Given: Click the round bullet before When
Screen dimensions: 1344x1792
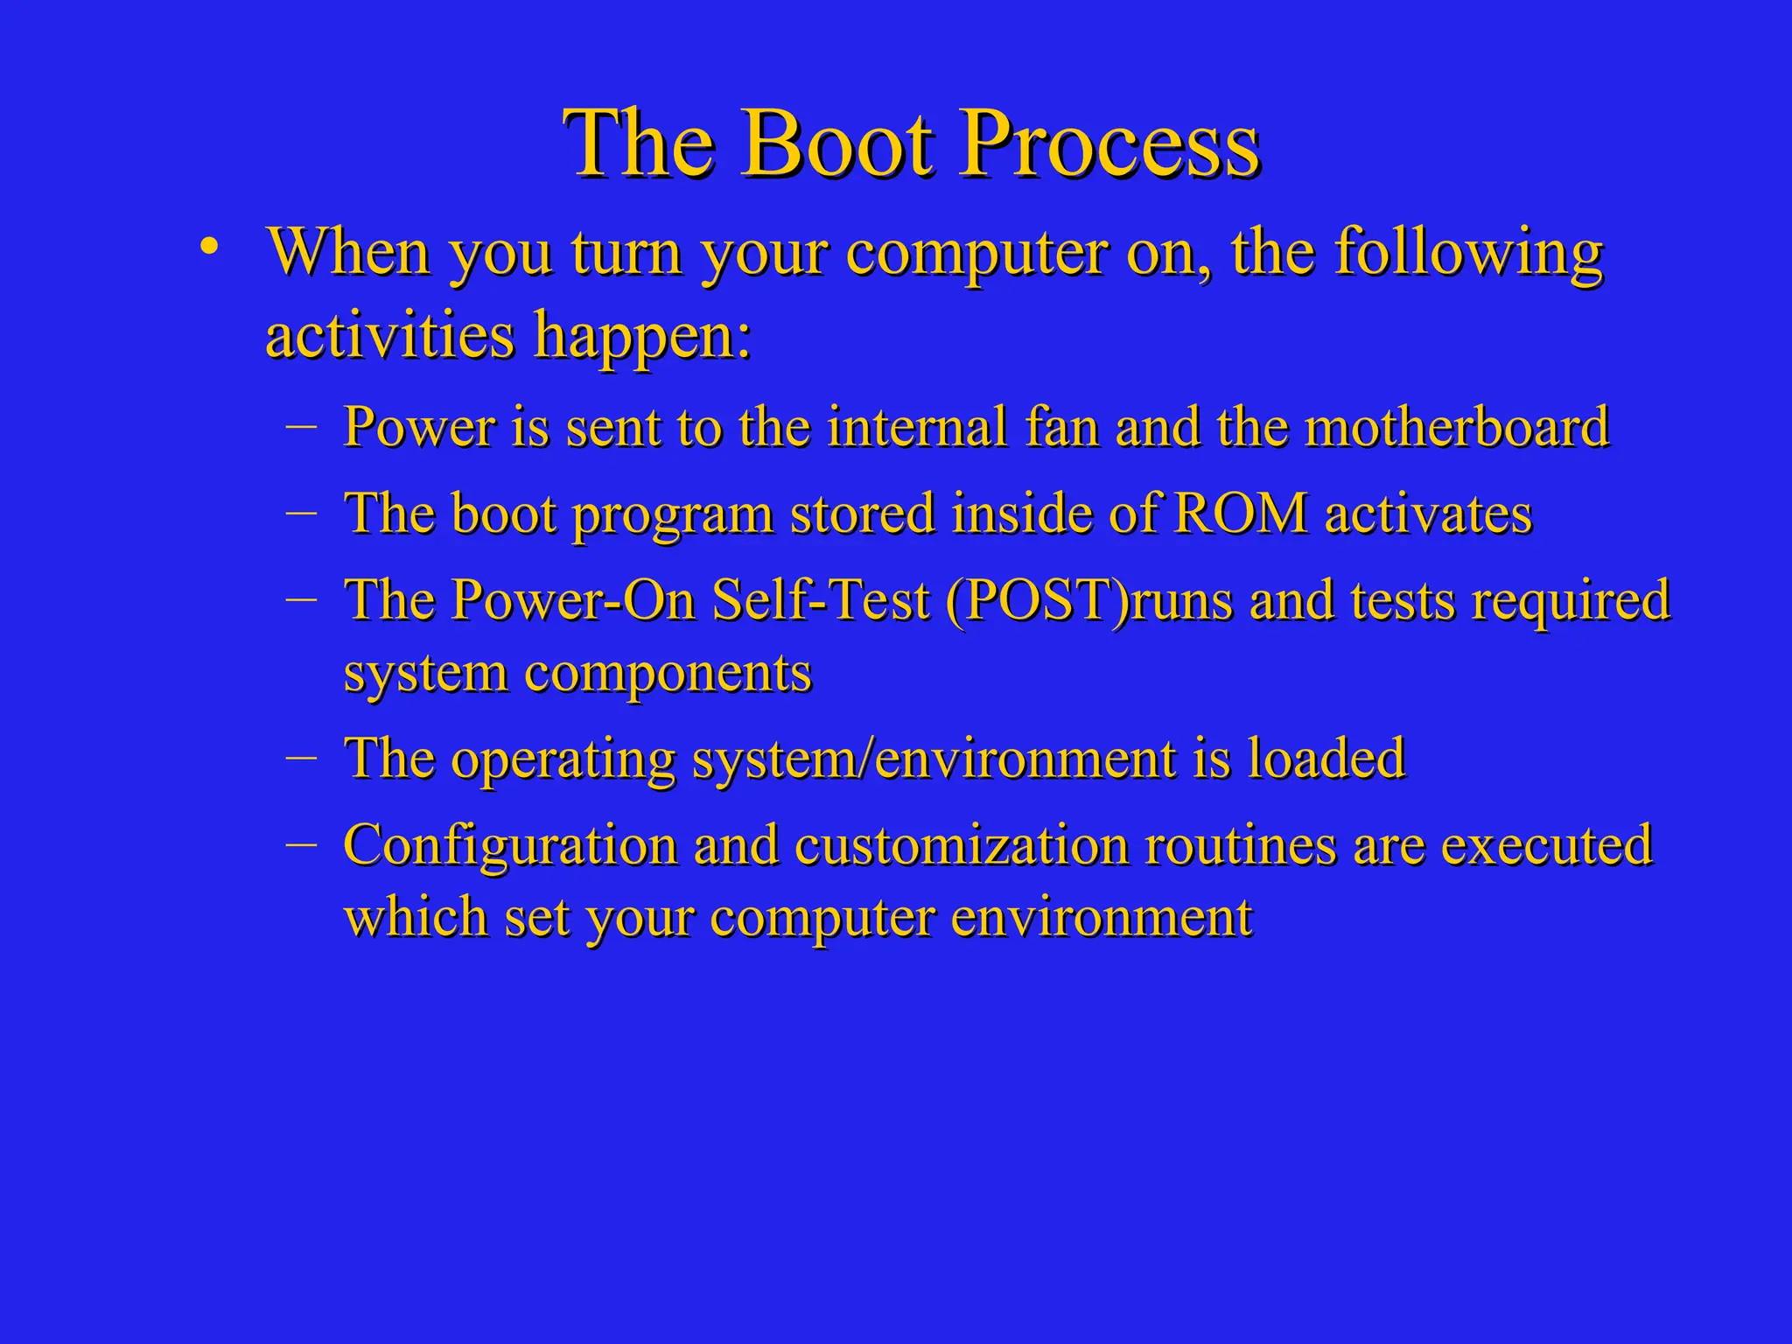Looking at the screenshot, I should [208, 247].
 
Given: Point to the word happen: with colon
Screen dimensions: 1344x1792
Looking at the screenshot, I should [643, 337].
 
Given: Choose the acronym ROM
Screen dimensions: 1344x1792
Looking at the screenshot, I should [1240, 514].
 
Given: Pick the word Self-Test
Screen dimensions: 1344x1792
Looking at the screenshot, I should [820, 601].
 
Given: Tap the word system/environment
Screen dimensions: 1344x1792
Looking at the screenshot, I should [934, 759].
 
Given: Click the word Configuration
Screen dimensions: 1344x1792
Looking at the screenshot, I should [510, 846].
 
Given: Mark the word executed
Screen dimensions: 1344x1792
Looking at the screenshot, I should [1546, 846].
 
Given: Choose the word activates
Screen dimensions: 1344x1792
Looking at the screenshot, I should [1428, 514].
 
